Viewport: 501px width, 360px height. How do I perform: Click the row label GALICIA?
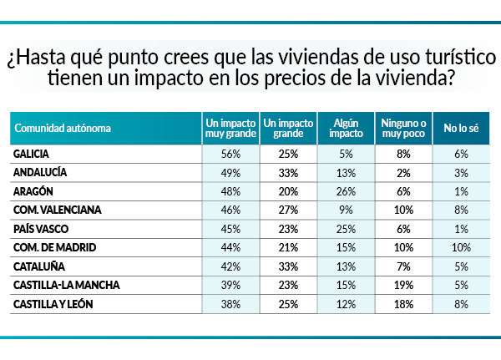tap(35, 155)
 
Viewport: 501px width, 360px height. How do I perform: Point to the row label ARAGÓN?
tap(36, 191)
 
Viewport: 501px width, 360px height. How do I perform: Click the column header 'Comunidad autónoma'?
tap(63, 129)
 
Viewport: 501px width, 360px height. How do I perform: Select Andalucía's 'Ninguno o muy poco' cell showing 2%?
tap(403, 173)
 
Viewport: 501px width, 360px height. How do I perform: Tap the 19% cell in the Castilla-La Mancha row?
tap(403, 285)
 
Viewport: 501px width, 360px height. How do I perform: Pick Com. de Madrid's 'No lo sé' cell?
tap(460, 247)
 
